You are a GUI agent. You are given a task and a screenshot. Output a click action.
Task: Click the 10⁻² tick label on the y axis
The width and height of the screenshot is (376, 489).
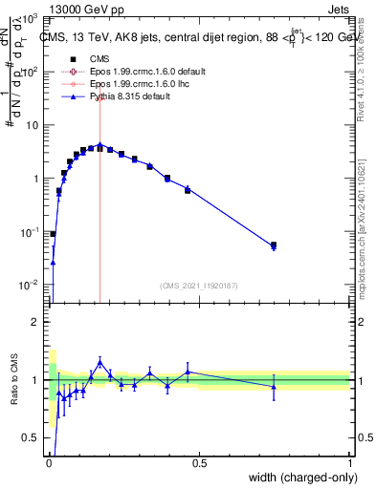pyautogui.click(x=29, y=285)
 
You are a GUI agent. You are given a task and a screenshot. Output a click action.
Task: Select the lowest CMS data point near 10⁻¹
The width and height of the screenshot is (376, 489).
pyautogui.click(x=53, y=233)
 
